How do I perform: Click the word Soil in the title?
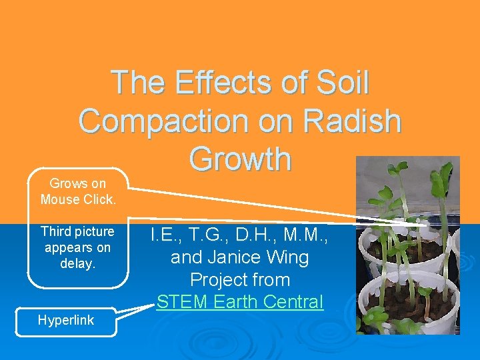click(x=337, y=83)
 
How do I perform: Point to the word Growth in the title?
click(x=240, y=159)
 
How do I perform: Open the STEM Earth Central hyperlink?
click(x=239, y=301)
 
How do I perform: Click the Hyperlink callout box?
click(x=66, y=320)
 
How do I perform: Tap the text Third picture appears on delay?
click(x=77, y=247)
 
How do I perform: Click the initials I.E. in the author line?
click(x=164, y=235)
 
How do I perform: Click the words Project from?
click(x=239, y=279)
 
